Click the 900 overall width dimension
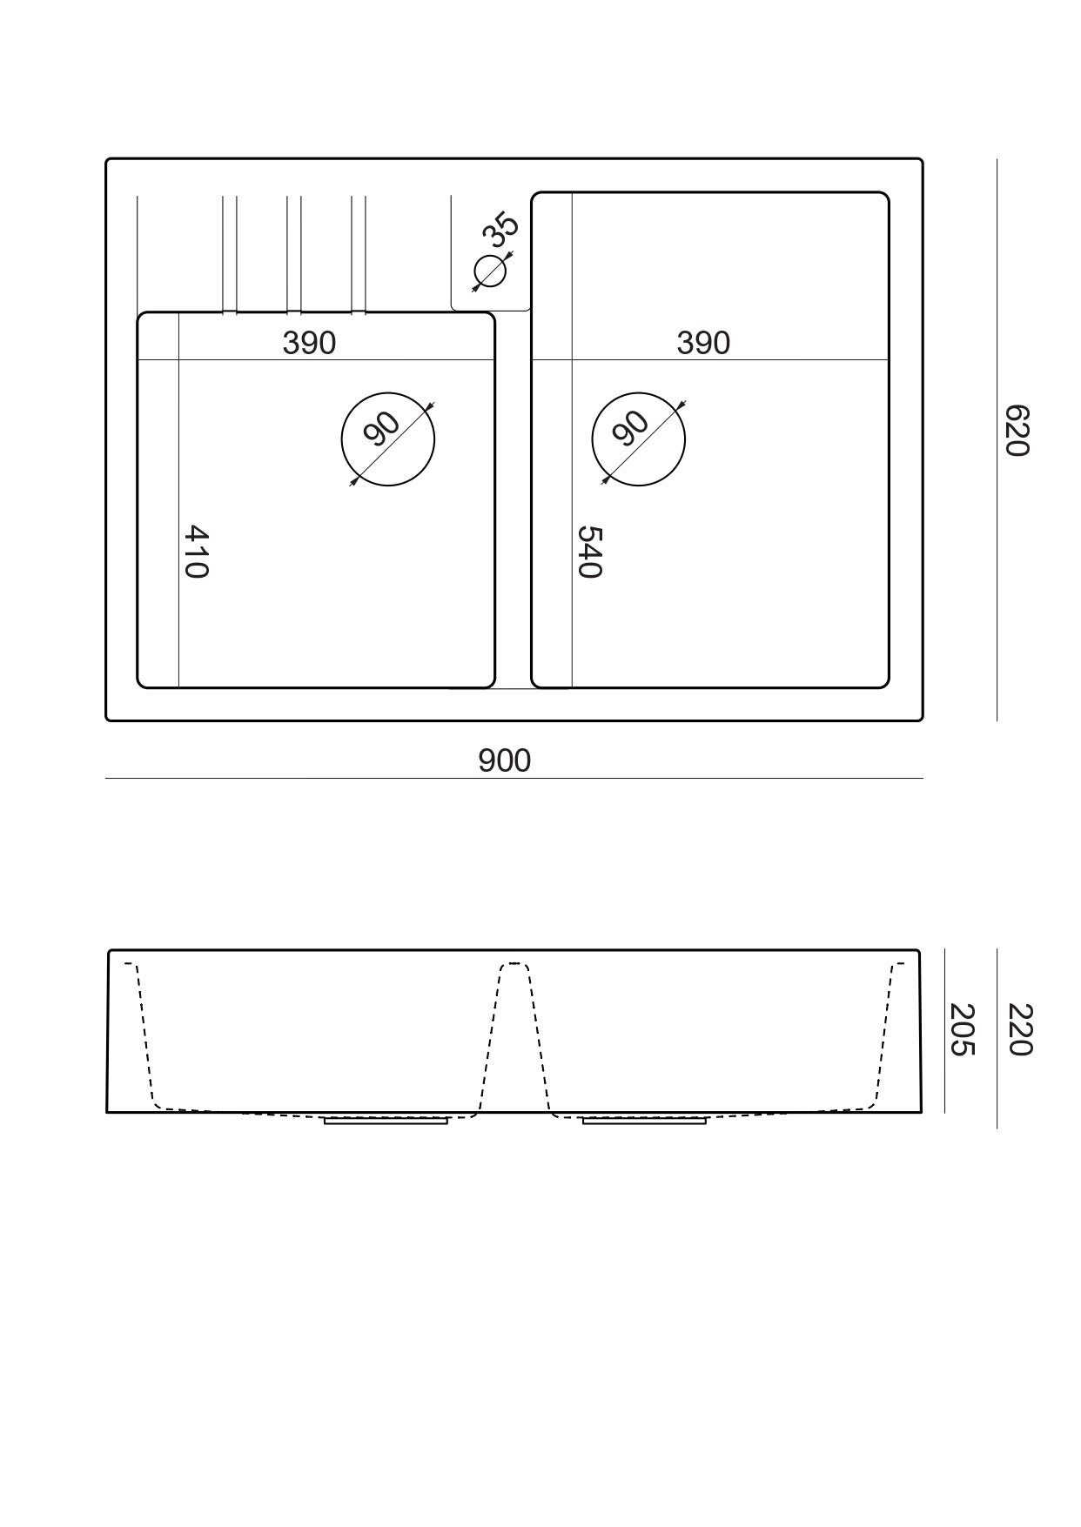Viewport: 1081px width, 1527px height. [x=504, y=760]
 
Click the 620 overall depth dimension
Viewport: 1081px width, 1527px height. [x=1016, y=430]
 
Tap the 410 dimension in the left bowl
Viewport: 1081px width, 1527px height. [x=197, y=551]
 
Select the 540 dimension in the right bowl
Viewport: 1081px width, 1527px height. [x=589, y=552]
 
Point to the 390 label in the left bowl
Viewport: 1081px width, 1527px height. [x=309, y=343]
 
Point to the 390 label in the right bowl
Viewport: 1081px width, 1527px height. [x=703, y=343]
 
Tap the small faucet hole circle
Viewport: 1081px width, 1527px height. [x=490, y=272]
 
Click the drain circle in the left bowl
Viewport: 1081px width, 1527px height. [x=387, y=439]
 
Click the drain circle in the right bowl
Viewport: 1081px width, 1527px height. [x=638, y=439]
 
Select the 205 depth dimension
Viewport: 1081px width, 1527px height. [x=961, y=1029]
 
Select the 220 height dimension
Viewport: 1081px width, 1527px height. [x=1019, y=1029]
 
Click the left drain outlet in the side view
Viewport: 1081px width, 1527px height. [x=386, y=1121]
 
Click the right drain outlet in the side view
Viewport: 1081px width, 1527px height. [x=644, y=1121]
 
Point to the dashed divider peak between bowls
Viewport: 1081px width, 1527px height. [x=514, y=965]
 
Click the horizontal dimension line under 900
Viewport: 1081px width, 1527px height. [x=514, y=778]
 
